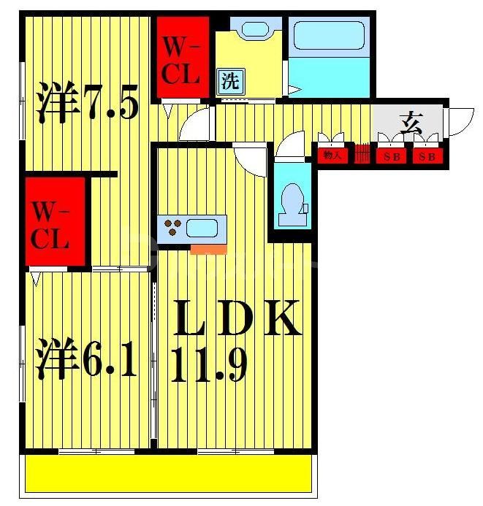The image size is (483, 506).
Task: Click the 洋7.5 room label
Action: coord(85,104)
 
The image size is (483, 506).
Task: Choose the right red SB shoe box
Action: coord(427,156)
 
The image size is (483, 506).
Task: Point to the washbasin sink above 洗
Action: coord(256,31)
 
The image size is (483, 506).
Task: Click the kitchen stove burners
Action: coord(174,228)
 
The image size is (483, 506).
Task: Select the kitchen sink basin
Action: coord(204,228)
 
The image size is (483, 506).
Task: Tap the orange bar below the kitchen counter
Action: coord(208,250)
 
